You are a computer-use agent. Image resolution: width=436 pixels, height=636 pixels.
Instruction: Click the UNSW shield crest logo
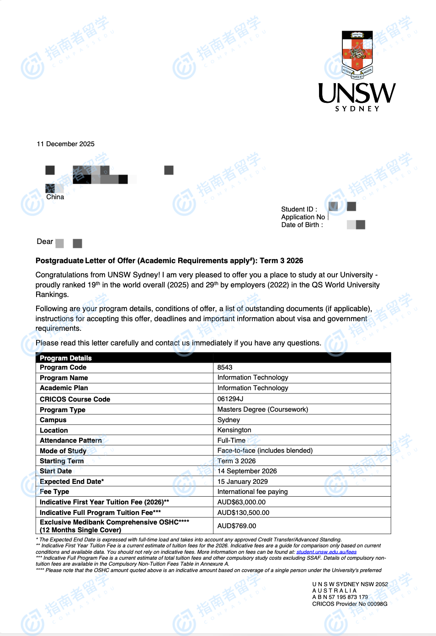(x=357, y=54)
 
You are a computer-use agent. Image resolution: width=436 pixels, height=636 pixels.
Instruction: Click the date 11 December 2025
(x=65, y=144)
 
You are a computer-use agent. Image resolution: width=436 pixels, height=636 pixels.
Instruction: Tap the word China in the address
(x=55, y=197)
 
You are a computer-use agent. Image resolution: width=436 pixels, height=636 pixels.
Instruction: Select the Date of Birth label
(x=302, y=225)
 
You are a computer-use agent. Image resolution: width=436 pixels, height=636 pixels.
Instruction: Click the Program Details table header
(x=66, y=358)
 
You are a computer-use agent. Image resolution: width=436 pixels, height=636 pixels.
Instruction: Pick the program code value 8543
(x=225, y=367)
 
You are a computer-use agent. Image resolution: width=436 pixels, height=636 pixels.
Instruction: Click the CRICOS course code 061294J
(x=230, y=399)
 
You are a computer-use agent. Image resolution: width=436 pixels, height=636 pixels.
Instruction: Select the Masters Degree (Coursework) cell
(x=263, y=409)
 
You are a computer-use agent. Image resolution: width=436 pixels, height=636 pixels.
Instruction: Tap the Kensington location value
(x=234, y=430)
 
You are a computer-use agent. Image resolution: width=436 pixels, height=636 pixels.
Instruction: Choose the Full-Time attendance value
(x=231, y=440)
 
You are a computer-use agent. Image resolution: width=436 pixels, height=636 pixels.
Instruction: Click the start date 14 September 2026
(x=247, y=471)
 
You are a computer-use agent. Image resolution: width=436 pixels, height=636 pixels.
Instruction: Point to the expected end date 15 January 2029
(x=243, y=482)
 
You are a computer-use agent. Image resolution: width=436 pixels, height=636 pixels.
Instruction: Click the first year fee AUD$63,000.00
(x=241, y=502)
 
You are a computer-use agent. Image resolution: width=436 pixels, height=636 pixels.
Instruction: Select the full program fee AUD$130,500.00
(x=244, y=513)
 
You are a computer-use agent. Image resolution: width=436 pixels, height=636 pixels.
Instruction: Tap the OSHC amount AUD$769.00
(x=237, y=526)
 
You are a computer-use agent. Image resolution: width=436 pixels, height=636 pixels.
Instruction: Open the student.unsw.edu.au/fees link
(x=326, y=552)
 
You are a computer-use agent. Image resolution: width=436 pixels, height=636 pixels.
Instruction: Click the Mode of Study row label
(x=63, y=451)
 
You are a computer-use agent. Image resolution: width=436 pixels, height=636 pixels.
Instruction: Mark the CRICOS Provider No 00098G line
(x=350, y=604)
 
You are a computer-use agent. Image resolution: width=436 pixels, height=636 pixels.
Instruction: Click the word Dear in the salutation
(x=45, y=242)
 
